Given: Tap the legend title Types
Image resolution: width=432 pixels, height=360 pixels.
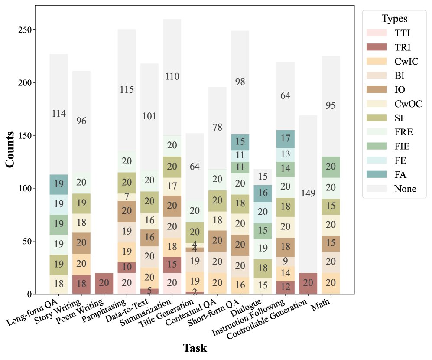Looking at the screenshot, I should click(x=394, y=19).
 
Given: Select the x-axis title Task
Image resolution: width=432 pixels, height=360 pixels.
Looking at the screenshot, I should click(x=195, y=348).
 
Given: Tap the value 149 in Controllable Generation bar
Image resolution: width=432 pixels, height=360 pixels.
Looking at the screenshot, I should click(x=308, y=193).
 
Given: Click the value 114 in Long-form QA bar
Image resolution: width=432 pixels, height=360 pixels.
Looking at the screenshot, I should click(x=59, y=114).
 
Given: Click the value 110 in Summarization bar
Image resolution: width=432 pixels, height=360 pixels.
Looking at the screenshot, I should click(x=172, y=77).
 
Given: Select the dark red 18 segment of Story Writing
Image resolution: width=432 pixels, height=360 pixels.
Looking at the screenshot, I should click(x=81, y=284).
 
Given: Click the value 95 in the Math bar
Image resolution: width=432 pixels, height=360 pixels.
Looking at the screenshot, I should click(x=331, y=105).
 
